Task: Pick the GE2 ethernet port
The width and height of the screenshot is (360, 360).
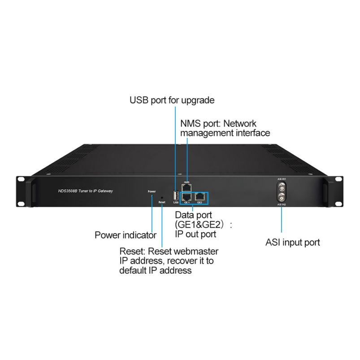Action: tap(200, 196)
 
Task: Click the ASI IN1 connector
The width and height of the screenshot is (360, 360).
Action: tap(282, 186)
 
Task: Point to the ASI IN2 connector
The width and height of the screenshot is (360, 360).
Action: tap(282, 198)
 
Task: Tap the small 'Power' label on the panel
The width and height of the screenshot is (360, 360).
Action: tap(152, 191)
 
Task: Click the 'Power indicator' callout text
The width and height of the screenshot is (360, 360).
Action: tap(126, 235)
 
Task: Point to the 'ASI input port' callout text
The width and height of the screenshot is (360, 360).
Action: tap(293, 243)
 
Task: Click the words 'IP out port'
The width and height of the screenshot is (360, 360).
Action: tap(195, 234)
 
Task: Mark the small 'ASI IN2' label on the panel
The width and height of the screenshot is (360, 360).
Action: tap(282, 205)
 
